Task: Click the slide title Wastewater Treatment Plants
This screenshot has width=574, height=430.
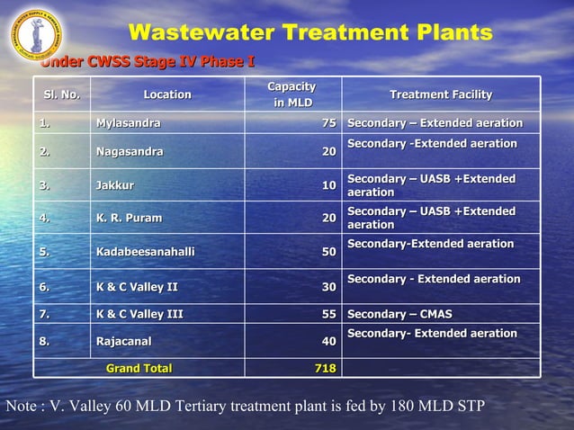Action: (310, 33)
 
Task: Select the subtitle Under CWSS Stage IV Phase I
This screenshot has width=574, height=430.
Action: (148, 62)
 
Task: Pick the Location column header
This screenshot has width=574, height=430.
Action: (167, 94)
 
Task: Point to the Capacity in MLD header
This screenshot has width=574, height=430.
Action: (292, 94)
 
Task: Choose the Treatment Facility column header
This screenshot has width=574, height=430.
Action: (440, 94)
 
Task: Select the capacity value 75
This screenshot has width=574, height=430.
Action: (329, 122)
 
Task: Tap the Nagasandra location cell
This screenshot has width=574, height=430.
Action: (130, 152)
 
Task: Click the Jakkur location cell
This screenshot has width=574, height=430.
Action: (115, 186)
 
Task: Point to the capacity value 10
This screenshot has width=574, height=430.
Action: (329, 186)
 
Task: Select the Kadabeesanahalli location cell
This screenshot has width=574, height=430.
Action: (145, 253)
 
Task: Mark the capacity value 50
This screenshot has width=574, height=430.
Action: (329, 253)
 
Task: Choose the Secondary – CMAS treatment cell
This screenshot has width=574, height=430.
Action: (399, 314)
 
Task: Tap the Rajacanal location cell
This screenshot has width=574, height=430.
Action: (123, 342)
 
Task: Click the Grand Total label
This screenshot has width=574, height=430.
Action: (139, 368)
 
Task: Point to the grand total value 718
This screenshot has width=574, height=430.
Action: (325, 368)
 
